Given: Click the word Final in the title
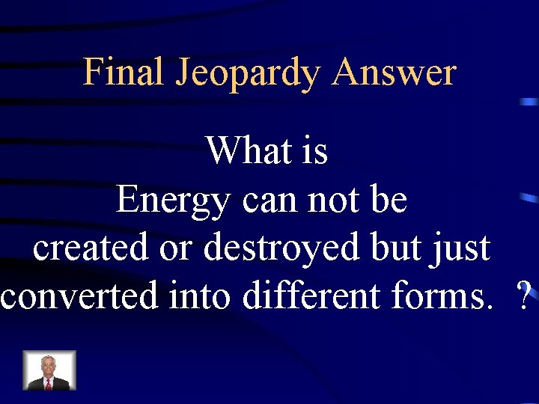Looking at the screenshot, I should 124,73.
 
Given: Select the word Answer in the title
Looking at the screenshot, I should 394,73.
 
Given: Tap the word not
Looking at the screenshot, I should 332,200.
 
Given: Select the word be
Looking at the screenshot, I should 389,200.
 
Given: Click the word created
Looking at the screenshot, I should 91,248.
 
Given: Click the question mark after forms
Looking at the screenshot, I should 523,297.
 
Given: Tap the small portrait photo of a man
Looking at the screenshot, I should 49,370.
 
